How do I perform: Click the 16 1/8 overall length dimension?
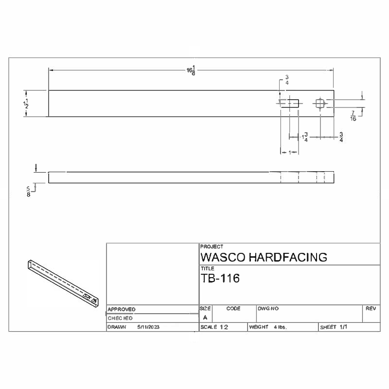point(191,71)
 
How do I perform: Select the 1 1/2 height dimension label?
point(26,104)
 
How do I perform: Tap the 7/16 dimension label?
point(353,116)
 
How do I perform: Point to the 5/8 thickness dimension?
point(28,192)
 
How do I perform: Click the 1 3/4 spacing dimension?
point(305,137)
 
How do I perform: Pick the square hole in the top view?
point(320,104)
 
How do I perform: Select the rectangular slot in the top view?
point(289,103)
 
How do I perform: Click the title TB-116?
point(220,278)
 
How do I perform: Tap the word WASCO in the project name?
point(223,257)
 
